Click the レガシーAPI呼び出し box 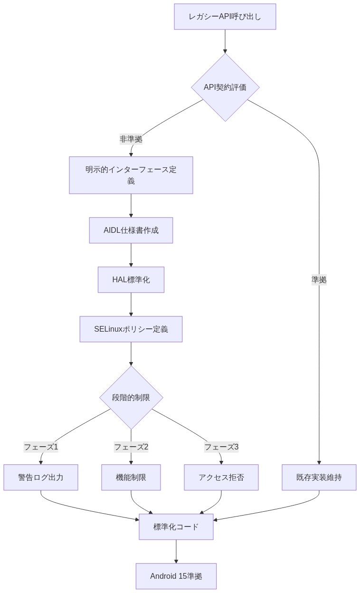click(225, 17)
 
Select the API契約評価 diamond click(225, 87)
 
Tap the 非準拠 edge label click(131, 139)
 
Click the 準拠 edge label click(319, 280)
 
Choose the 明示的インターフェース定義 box click(131, 175)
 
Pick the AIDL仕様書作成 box click(131, 230)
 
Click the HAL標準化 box click(131, 280)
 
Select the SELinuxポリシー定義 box click(131, 329)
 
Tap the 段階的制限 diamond click(131, 398)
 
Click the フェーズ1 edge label click(41, 447)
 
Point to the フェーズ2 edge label click(131, 447)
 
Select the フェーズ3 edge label click(221, 447)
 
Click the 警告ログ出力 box click(41, 478)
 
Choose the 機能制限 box click(131, 478)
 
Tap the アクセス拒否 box click(221, 478)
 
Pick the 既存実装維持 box click(319, 478)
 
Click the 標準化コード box click(176, 527)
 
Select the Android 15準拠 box click(176, 576)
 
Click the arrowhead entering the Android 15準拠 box click(176, 561)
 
